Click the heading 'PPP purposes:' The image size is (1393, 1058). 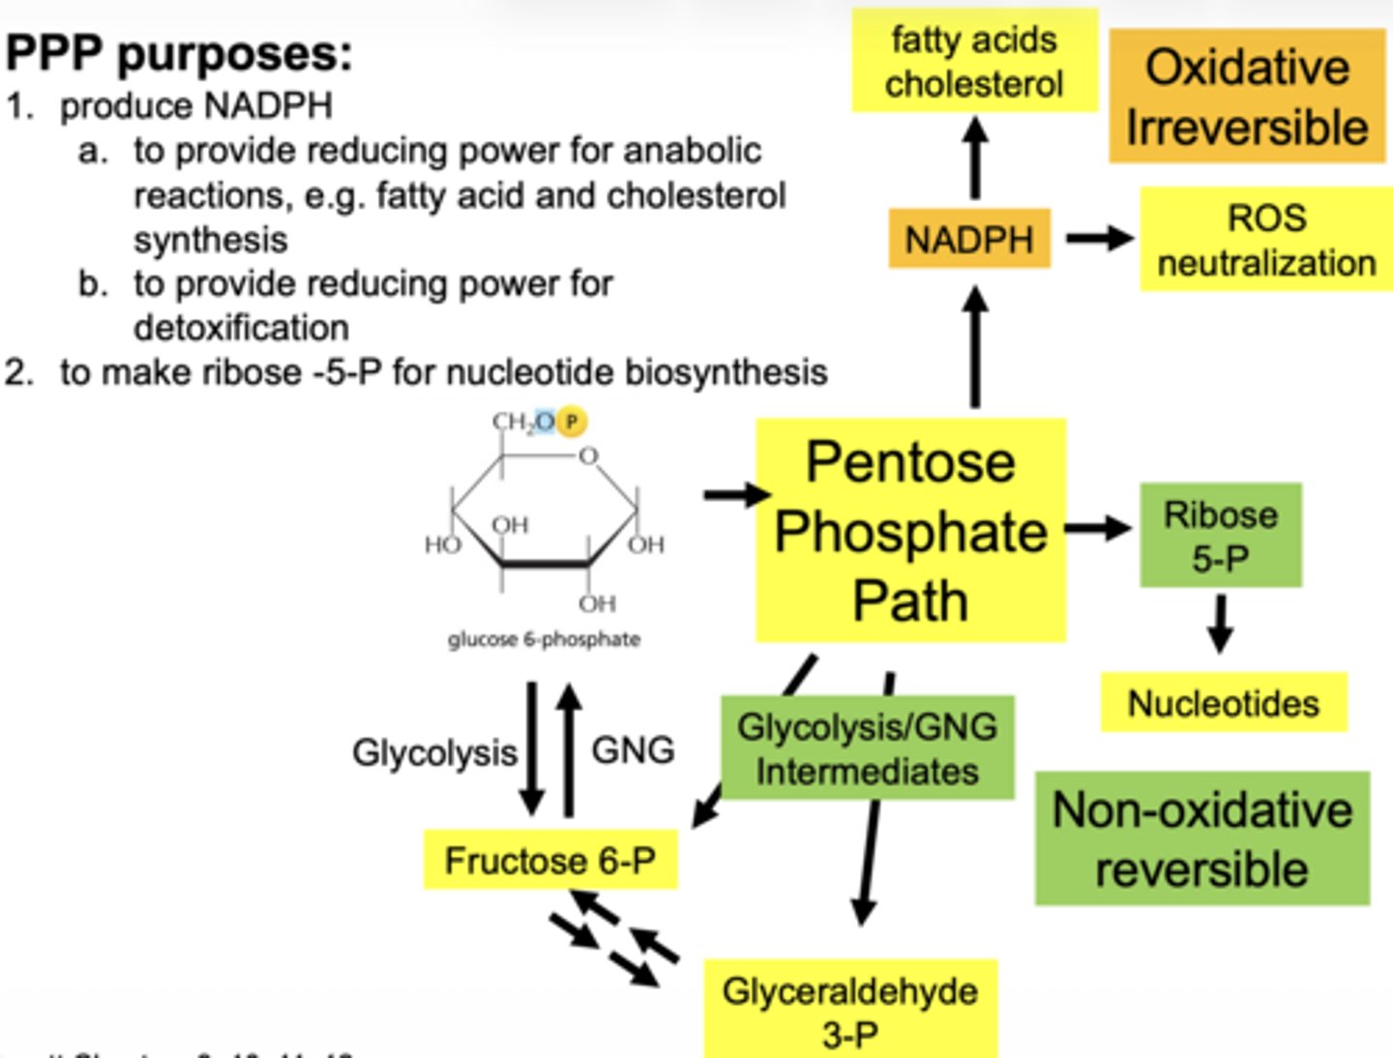click(x=179, y=54)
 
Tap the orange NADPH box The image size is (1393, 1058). click(x=969, y=239)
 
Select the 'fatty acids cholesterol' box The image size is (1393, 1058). click(x=974, y=62)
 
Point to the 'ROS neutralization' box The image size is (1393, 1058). click(x=1266, y=240)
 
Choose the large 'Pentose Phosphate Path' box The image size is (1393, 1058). click(x=910, y=531)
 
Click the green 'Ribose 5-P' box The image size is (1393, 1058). click(x=1220, y=536)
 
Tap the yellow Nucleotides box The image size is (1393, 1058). click(x=1223, y=703)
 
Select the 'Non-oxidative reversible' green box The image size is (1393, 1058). click(x=1201, y=838)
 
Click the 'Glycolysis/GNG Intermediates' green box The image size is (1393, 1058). click(x=867, y=749)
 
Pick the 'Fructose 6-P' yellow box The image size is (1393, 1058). click(x=549, y=860)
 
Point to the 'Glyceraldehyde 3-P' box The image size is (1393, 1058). click(x=849, y=1011)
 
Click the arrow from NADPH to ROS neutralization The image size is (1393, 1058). click(x=1099, y=238)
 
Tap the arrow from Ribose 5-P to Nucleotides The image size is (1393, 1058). click(x=1220, y=624)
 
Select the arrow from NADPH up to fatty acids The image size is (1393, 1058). click(x=976, y=158)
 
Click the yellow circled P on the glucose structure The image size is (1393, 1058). click(x=572, y=422)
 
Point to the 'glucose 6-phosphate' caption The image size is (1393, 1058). click(x=544, y=639)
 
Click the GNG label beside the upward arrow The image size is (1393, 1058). click(x=633, y=750)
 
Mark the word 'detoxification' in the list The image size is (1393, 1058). click(x=241, y=328)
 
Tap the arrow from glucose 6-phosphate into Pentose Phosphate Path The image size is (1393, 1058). click(x=735, y=495)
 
